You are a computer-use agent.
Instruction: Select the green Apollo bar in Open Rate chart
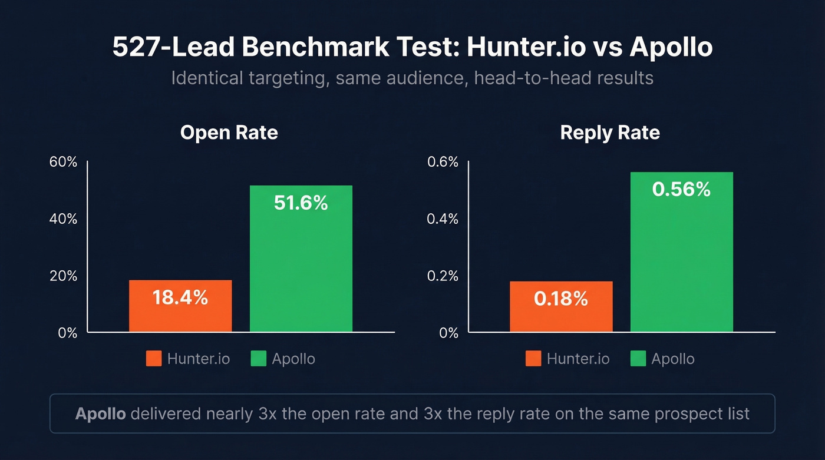(301, 259)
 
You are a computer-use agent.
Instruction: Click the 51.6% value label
(301, 203)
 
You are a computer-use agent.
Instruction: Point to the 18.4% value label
(180, 297)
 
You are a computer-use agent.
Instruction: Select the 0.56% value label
(682, 189)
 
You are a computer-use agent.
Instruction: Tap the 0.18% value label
(561, 299)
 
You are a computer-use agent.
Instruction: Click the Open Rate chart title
(229, 133)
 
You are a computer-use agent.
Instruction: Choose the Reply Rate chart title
(610, 133)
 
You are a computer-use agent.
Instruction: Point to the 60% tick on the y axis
(64, 162)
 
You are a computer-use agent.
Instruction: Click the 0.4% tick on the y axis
(443, 219)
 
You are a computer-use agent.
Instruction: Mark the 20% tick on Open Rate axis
(64, 276)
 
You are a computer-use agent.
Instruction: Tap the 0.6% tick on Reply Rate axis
(443, 162)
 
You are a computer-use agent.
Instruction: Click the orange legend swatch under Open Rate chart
(154, 359)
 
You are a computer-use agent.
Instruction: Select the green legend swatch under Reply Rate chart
(638, 359)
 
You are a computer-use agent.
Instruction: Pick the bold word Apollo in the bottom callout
(100, 413)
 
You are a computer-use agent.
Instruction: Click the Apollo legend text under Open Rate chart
(293, 359)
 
